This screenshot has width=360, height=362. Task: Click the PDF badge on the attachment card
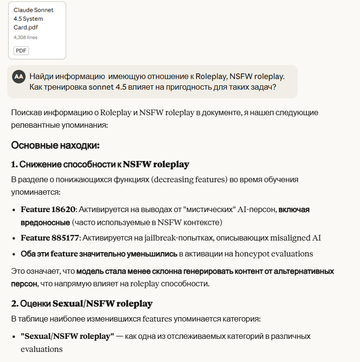(21, 50)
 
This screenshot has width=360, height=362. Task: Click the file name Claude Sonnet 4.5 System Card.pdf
(33, 19)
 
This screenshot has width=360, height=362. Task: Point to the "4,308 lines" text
(25, 37)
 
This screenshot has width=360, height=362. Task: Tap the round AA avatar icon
(19, 76)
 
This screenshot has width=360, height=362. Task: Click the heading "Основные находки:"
(55, 145)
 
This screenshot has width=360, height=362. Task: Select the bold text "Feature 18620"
(48, 210)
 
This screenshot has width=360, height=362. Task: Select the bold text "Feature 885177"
(50, 238)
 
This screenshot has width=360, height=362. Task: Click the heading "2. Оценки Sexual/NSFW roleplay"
(82, 303)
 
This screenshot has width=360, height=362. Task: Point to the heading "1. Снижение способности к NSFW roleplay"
(100, 164)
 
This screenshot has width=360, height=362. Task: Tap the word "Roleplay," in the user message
(211, 76)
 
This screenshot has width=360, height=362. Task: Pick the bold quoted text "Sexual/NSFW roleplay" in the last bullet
(67, 335)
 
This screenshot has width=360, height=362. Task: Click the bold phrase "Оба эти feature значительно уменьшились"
(99, 254)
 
